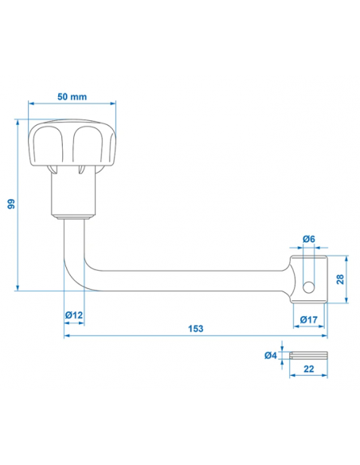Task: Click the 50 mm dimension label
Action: [72, 96]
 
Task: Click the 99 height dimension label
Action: [11, 204]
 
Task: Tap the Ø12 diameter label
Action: [74, 315]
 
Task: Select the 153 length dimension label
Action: [196, 329]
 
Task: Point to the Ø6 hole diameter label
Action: [309, 239]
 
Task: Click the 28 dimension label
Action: [340, 279]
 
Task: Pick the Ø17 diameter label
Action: [308, 319]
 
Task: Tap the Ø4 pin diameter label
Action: [271, 355]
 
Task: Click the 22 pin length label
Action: [309, 369]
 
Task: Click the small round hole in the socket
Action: [308, 287]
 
